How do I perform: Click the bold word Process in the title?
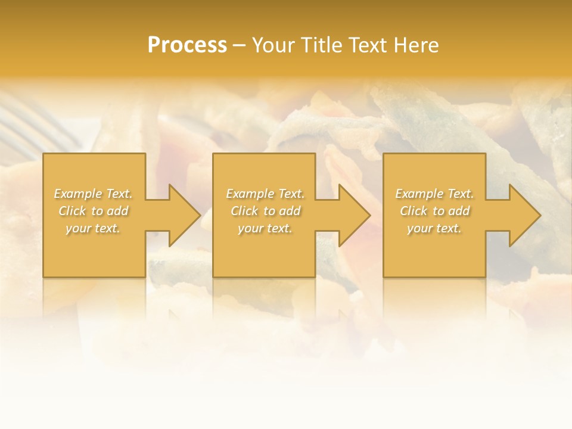pos(187,45)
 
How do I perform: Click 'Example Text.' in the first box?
pos(94,194)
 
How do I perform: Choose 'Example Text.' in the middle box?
pos(265,194)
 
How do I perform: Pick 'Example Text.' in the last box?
pos(434,194)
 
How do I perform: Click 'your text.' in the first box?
pos(94,228)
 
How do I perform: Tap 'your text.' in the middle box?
pos(265,228)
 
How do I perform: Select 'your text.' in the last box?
pos(434,228)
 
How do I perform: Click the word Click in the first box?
pos(72,211)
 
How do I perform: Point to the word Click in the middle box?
pos(244,211)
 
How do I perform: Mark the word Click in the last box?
pos(414,211)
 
